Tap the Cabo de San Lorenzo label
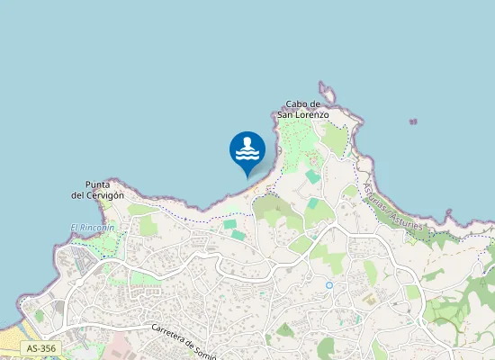pos(302,110)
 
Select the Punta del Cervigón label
pos(97,189)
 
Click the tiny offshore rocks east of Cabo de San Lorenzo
pos(413,121)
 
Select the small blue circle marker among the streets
pos(329,285)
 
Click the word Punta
pos(98,184)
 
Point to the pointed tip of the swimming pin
pos(247,176)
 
